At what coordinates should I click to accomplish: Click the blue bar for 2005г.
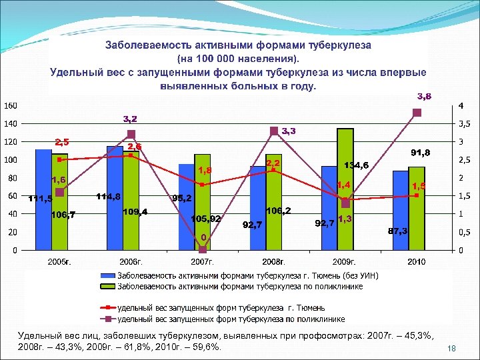(x=43, y=200)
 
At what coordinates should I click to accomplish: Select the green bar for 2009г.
(x=345, y=189)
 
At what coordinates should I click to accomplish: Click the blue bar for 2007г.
(x=186, y=207)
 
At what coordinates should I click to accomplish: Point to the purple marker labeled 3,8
(x=417, y=113)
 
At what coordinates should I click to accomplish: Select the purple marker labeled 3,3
(x=274, y=131)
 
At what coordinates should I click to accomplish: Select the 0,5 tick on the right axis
(x=463, y=232)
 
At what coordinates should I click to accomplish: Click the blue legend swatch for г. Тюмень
(x=108, y=276)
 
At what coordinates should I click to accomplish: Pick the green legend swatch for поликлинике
(x=108, y=287)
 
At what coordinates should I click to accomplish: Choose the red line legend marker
(x=108, y=308)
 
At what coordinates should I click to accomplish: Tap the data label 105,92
(x=205, y=219)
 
